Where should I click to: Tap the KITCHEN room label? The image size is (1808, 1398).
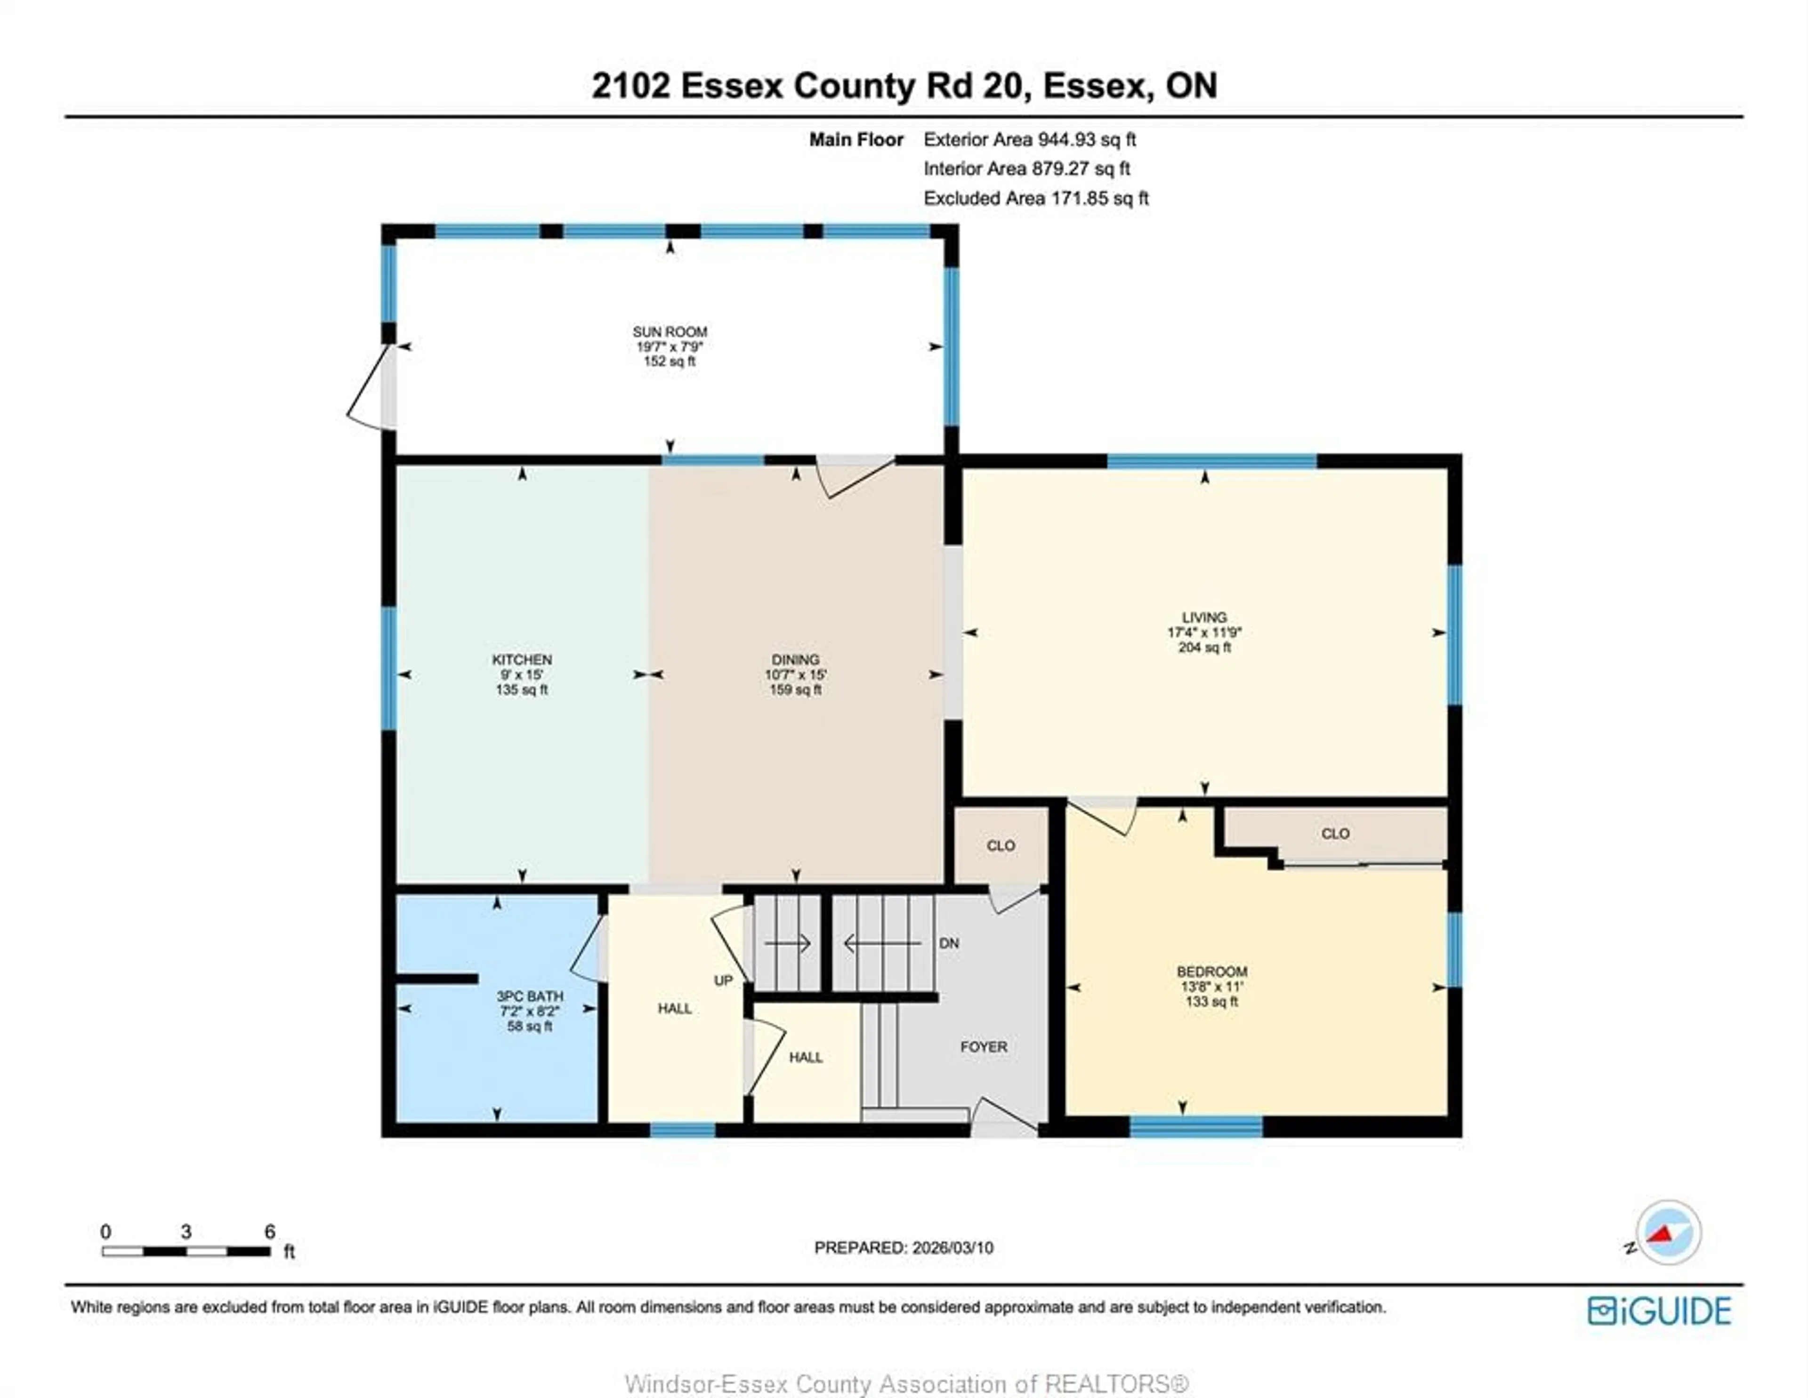click(x=522, y=659)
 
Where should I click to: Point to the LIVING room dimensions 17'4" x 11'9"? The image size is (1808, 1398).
click(x=1204, y=632)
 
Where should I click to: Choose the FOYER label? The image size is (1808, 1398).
click(x=984, y=1047)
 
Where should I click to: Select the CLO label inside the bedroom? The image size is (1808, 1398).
click(x=1334, y=834)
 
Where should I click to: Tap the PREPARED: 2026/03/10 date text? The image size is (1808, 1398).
click(x=903, y=1247)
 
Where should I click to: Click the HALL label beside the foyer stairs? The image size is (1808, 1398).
click(x=806, y=1058)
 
